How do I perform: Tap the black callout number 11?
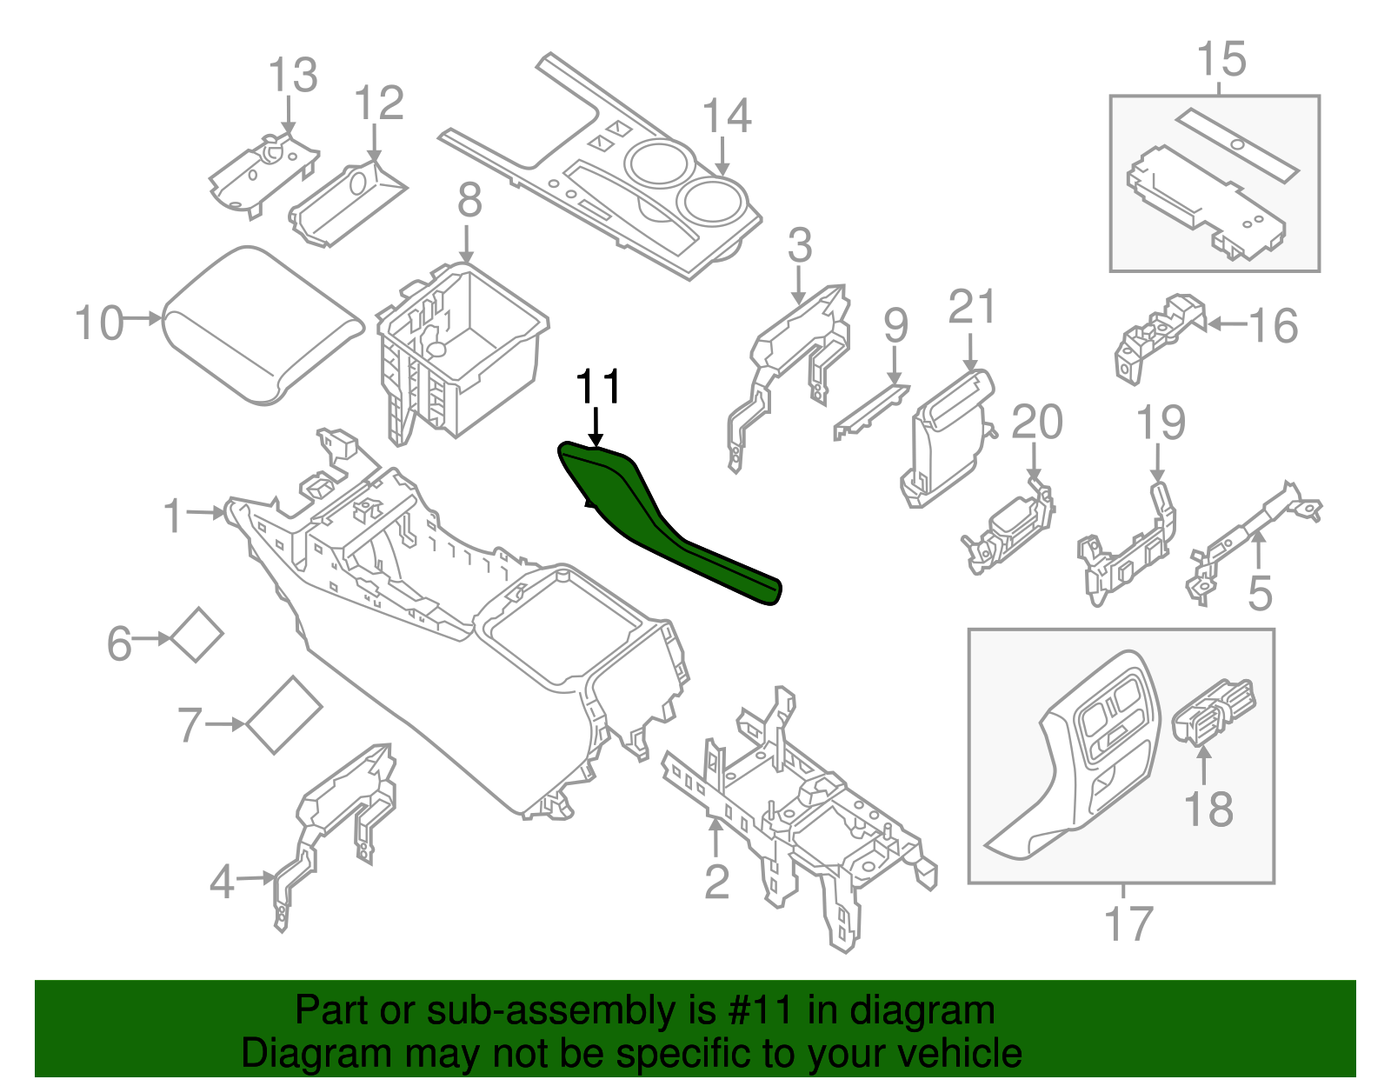pyautogui.click(x=599, y=387)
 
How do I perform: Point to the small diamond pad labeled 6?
pyautogui.click(x=196, y=635)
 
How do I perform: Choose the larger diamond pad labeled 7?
pyautogui.click(x=283, y=715)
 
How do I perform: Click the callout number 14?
pyautogui.click(x=727, y=117)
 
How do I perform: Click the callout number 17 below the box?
pyautogui.click(x=1128, y=923)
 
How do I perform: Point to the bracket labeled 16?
pyautogui.click(x=1156, y=335)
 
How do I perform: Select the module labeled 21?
pyautogui.click(x=948, y=439)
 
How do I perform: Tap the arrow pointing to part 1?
pyautogui.click(x=207, y=513)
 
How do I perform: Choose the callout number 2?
pyautogui.click(x=716, y=883)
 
